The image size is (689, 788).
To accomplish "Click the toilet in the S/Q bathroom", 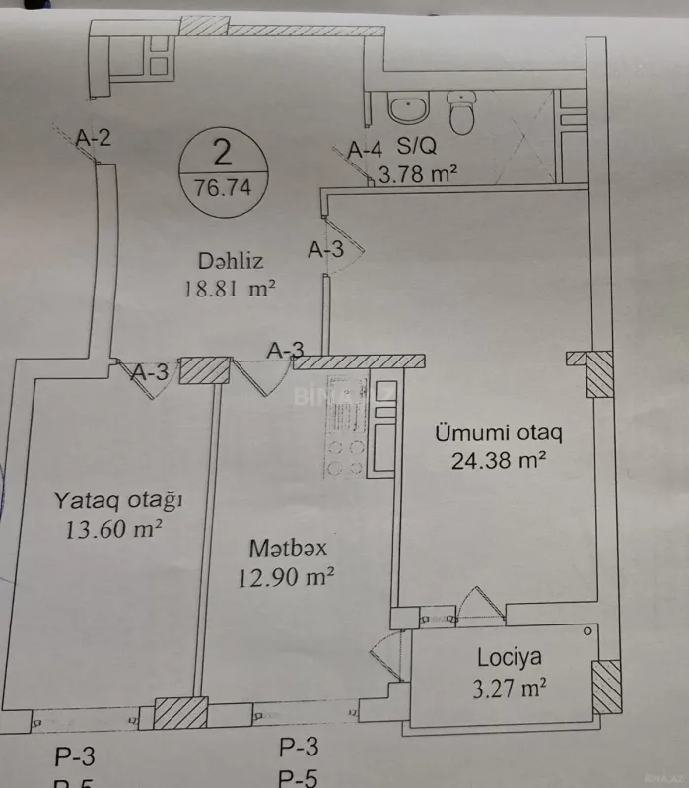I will pos(461,114).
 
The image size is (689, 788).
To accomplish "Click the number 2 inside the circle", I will pos(223,153).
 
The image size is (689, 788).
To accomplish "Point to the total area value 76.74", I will pos(223,186).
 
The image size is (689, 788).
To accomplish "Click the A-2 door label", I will pos(92,138).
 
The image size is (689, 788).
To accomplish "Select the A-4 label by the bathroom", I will pos(365,150).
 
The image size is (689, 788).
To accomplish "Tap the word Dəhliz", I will pos(228,262).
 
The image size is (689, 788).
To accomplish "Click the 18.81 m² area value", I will pos(228,289).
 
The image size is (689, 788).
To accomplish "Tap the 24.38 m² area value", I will pos(499,459).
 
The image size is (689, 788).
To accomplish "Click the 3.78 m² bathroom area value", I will pos(418,176).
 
